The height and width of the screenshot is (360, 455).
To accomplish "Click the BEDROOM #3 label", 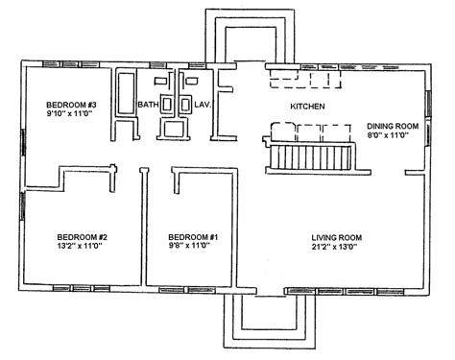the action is pyautogui.click(x=71, y=105).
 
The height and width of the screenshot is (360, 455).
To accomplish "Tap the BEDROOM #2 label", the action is pyautogui.click(x=83, y=237).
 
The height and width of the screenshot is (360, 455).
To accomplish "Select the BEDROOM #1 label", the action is pyautogui.click(x=193, y=237).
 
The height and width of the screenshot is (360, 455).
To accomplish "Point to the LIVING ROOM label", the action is pyautogui.click(x=337, y=238).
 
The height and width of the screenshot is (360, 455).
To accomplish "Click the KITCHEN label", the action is pyautogui.click(x=307, y=107).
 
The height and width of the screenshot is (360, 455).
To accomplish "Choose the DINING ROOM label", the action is pyautogui.click(x=393, y=126).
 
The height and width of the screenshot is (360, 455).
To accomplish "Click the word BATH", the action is pyautogui.click(x=148, y=105).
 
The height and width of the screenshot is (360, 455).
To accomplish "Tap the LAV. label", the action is pyautogui.click(x=203, y=105).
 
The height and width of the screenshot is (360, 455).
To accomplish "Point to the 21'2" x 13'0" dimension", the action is pyautogui.click(x=334, y=247).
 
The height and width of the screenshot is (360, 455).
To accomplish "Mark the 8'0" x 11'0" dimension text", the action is pyautogui.click(x=389, y=134).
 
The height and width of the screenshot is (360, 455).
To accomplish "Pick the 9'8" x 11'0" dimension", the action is pyautogui.click(x=189, y=246).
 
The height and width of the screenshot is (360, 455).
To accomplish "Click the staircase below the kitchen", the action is pyautogui.click(x=310, y=157).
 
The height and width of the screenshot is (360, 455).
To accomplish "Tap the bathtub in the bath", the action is pyautogui.click(x=126, y=93).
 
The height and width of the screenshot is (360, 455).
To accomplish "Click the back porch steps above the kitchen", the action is pyautogui.click(x=251, y=36).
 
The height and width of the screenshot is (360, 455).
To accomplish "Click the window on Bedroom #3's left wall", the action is pyautogui.click(x=23, y=143).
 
